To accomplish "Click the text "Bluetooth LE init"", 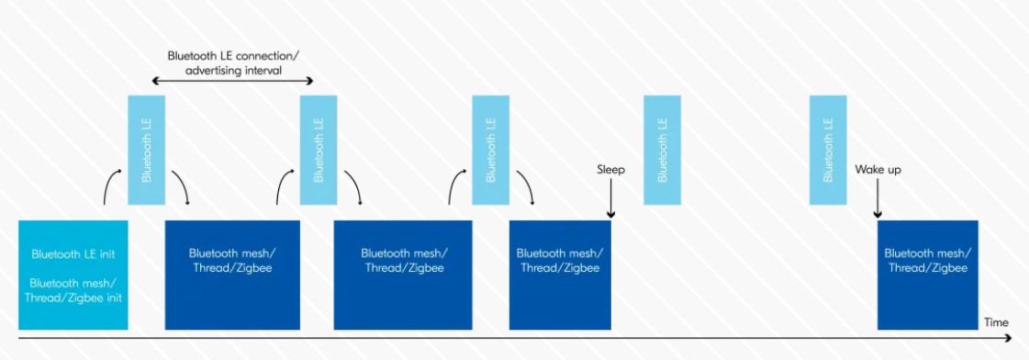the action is pos(73,254).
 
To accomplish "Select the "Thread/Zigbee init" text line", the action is pos(73,298).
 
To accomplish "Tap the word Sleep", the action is pos(611,170).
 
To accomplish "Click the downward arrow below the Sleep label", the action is pos(611,198).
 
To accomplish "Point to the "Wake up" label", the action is pos(878,170).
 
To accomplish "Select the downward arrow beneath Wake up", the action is pos(878,198).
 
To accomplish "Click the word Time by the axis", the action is pos(996,322).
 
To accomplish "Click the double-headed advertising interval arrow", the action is pos(233,81).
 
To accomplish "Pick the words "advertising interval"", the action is pos(234,70).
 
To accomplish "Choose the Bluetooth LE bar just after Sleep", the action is pos(662,150).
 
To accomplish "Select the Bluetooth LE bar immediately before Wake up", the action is pos(828,150).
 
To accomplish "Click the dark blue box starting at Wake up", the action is pos(928,275).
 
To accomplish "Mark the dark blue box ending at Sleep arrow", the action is pos(560,275).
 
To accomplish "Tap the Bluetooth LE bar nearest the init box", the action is pos(146,150).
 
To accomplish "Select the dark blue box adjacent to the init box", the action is pos(232,275).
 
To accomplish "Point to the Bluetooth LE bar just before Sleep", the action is pos(491,150).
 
